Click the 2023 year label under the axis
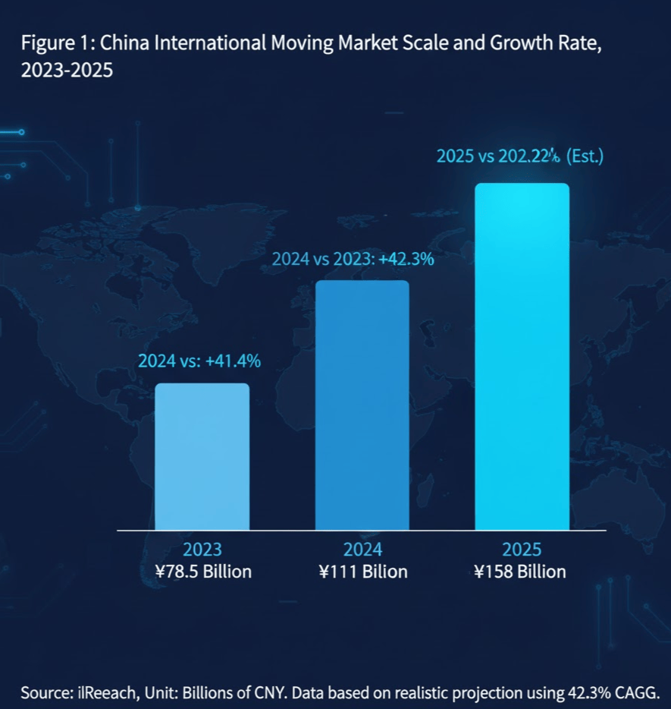click(x=202, y=550)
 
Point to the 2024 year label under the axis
click(x=362, y=550)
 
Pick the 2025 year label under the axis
click(x=522, y=550)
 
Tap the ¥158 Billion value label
click(x=521, y=572)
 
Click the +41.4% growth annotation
click(x=232, y=361)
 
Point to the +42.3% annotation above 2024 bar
click(x=406, y=259)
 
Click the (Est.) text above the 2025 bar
click(x=585, y=157)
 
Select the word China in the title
click(x=124, y=43)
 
